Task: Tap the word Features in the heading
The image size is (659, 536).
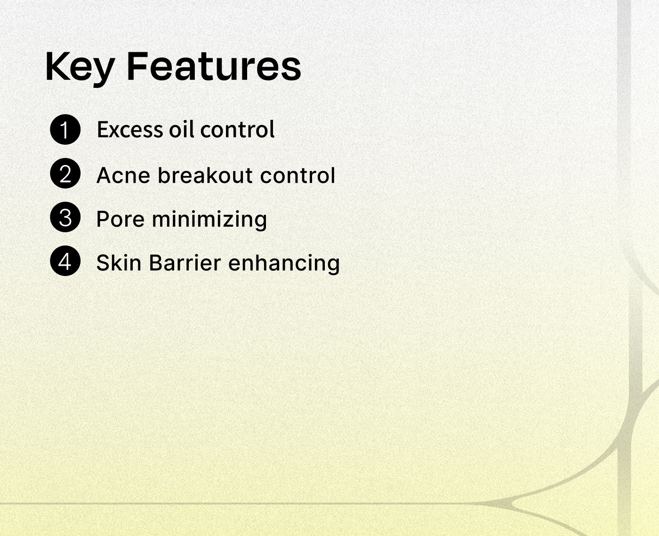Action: (214, 66)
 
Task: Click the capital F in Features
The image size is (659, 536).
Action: (137, 66)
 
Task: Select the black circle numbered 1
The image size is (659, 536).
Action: (65, 129)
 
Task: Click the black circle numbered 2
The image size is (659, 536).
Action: (65, 173)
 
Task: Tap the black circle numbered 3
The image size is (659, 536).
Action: (65, 217)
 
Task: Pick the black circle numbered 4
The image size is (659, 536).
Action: (65, 261)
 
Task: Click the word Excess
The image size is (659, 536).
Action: (130, 129)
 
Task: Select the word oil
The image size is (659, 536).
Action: (181, 129)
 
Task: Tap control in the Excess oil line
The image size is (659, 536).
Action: (237, 129)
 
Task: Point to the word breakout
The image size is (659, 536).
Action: (205, 175)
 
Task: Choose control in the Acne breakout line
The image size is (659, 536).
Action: (297, 175)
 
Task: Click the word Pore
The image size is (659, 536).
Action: (121, 219)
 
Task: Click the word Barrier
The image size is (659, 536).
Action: (185, 263)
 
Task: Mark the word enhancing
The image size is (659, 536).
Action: (284, 263)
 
